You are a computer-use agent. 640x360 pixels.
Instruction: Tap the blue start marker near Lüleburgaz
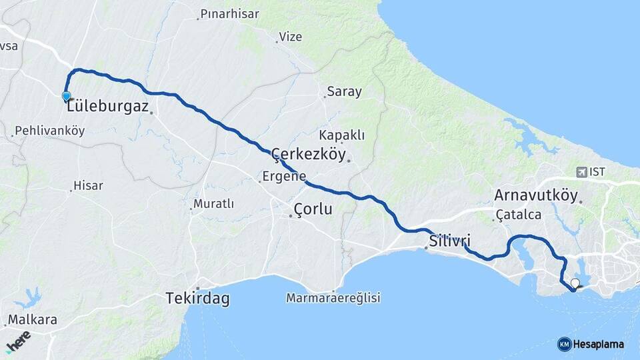67,97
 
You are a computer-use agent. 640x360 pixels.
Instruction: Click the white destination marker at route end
575,283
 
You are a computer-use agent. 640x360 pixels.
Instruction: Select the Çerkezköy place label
309,155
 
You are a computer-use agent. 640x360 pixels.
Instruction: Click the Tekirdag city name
197,299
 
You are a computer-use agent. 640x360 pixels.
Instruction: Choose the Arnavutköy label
536,195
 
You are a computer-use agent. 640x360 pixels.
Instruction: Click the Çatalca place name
518,215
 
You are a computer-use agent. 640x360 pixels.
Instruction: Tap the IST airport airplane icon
582,172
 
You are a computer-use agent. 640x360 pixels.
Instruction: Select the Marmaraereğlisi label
333,298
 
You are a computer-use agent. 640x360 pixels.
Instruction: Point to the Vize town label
290,37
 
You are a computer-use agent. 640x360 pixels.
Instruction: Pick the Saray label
344,92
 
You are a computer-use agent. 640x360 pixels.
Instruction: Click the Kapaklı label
341,135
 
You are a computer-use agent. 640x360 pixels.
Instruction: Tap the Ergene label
285,177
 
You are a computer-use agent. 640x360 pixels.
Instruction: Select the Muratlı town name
213,203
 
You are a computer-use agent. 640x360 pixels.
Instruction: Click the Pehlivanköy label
49,131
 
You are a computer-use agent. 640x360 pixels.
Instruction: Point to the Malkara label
32,320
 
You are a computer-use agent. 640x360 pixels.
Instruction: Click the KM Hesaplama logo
591,344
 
